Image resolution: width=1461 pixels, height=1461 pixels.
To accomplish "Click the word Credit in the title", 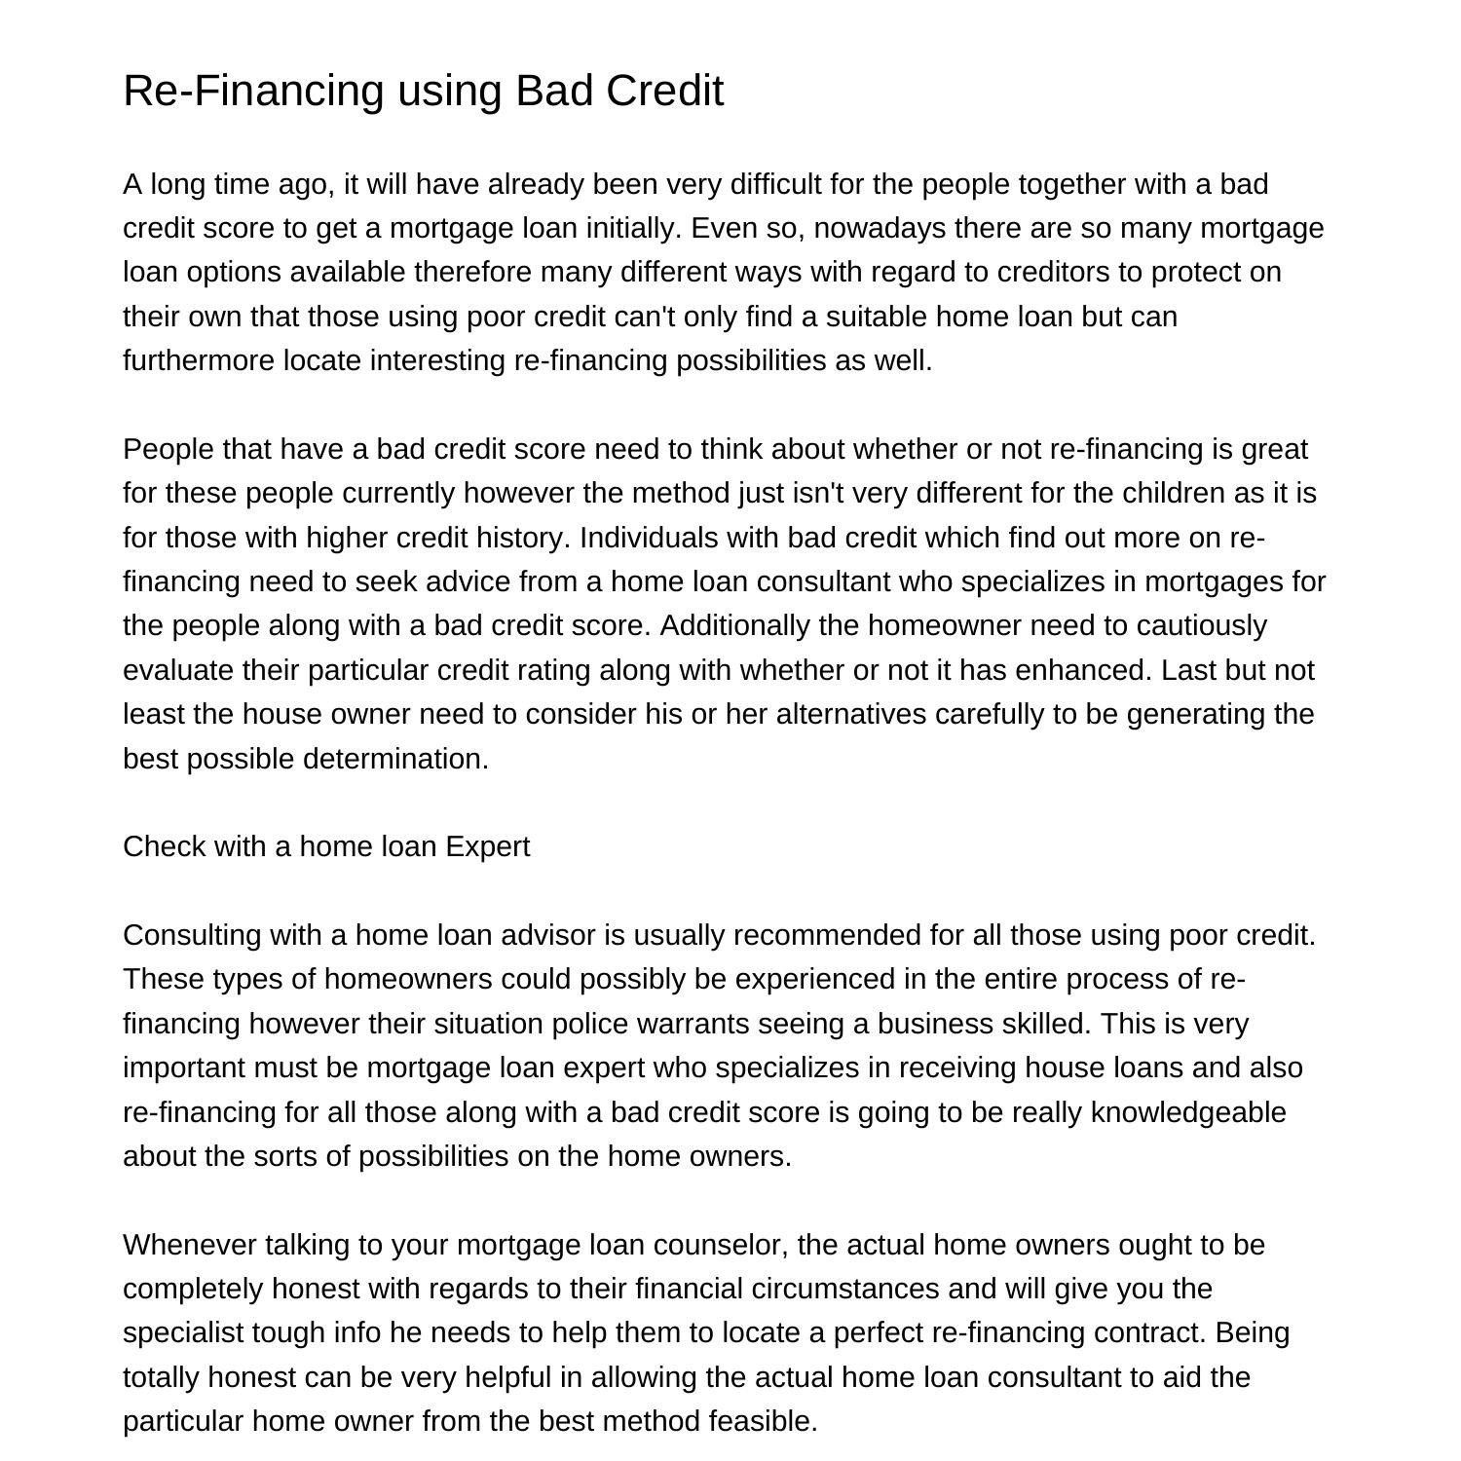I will (x=664, y=91).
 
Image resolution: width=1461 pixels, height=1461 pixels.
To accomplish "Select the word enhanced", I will (x=1080, y=670).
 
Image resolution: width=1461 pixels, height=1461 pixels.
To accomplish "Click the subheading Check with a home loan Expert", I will (x=326, y=846).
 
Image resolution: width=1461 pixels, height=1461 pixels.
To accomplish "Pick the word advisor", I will (x=547, y=935).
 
